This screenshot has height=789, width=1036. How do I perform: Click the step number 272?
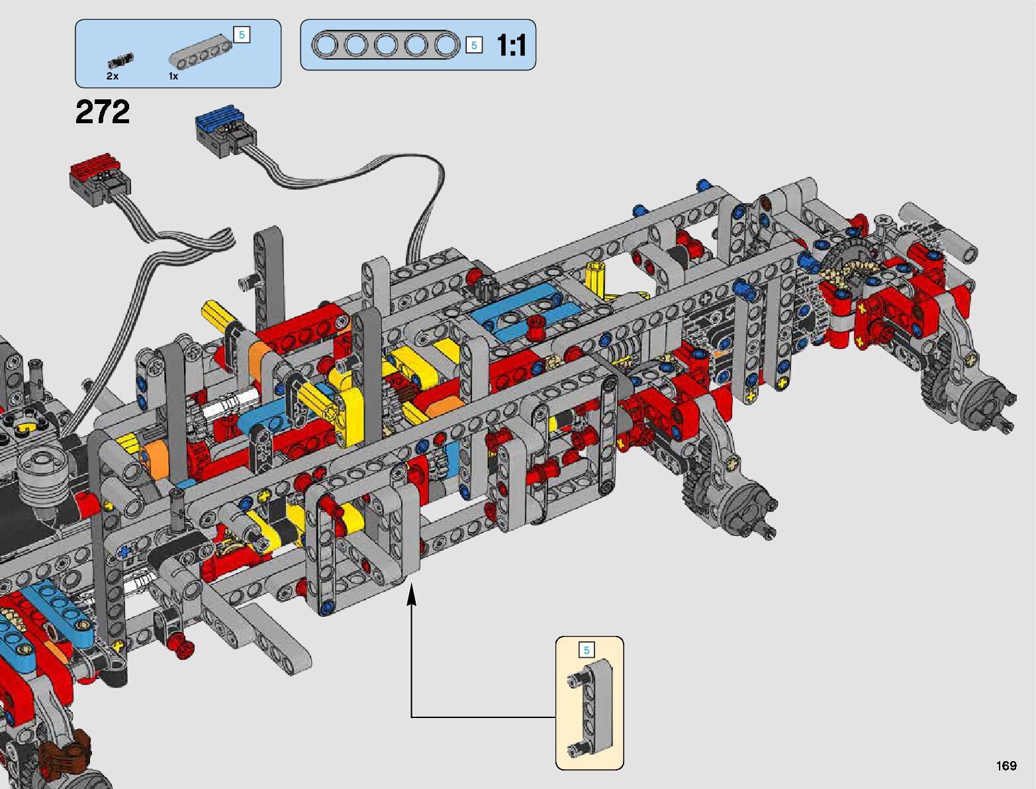click(x=103, y=113)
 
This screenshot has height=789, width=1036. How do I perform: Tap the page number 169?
click(x=1006, y=766)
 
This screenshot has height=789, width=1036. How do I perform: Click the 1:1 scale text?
click(x=512, y=46)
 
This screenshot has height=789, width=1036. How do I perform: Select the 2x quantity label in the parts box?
click(x=113, y=76)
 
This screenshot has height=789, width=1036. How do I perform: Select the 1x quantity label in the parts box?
click(x=173, y=76)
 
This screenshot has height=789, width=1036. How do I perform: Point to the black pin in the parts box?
click(x=121, y=61)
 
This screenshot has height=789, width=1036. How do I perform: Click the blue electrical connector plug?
click(x=226, y=131)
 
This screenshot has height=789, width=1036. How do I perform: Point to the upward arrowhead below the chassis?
click(x=412, y=594)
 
